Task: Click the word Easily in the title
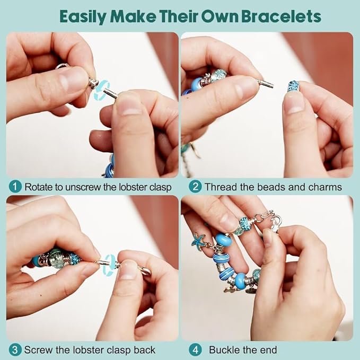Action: click(x=81, y=16)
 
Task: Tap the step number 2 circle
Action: click(x=195, y=187)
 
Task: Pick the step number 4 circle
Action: click(x=195, y=350)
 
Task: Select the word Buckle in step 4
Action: click(x=225, y=350)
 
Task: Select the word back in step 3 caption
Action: click(x=145, y=350)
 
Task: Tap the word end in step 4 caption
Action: click(x=267, y=350)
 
